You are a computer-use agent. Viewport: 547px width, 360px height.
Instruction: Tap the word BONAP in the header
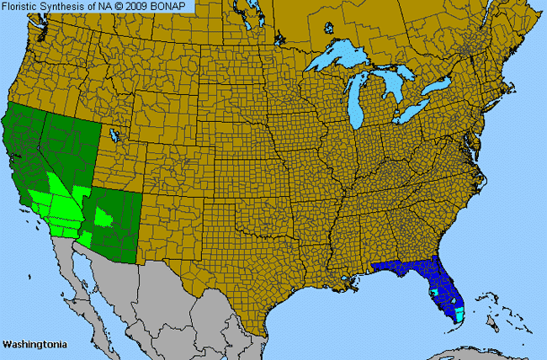point(175,6)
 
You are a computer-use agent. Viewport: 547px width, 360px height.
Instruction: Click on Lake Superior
point(345,60)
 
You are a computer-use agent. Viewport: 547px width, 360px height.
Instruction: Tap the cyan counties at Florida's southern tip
point(459,315)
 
